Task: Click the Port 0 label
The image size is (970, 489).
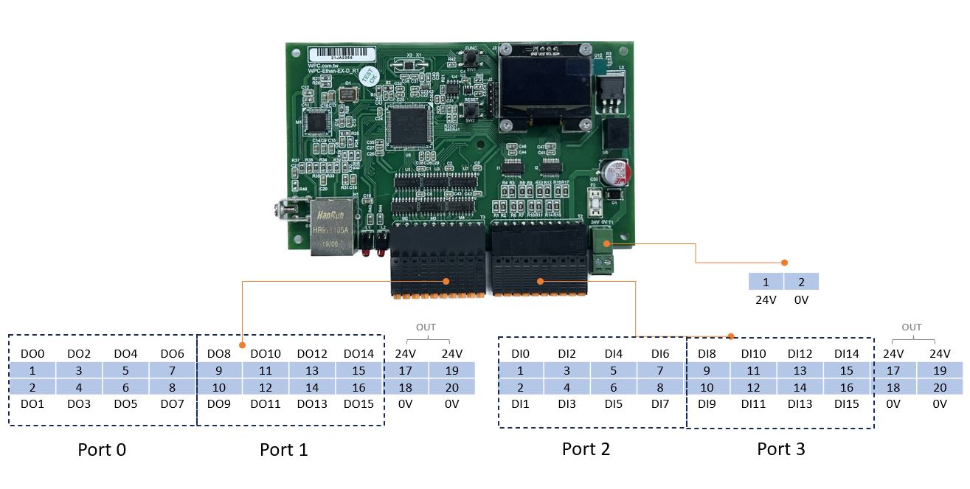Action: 102,449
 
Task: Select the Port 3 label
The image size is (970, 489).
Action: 781,449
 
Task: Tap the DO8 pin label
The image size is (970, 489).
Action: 219,354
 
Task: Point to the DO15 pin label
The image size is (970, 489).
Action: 358,404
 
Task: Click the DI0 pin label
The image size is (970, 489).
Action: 520,354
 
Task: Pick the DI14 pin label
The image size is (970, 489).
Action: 847,354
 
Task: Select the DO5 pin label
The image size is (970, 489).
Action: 125,404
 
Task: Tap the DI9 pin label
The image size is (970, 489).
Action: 707,404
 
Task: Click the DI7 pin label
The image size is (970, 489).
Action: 659,404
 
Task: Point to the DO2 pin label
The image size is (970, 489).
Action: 79,354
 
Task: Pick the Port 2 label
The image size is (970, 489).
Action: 586,449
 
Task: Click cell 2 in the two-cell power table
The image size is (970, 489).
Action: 801,282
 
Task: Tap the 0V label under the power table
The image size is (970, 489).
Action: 801,300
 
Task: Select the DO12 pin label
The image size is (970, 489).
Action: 312,354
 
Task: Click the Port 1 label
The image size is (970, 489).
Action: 283,449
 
